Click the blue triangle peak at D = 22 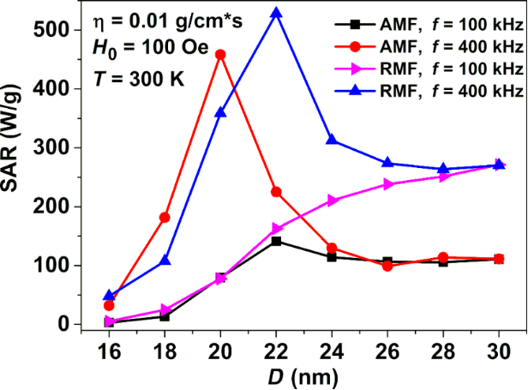click(x=276, y=14)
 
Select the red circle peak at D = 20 click(x=220, y=54)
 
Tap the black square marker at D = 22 click(x=276, y=241)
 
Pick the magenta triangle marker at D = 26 click(x=388, y=184)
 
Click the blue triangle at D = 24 click(x=332, y=140)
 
